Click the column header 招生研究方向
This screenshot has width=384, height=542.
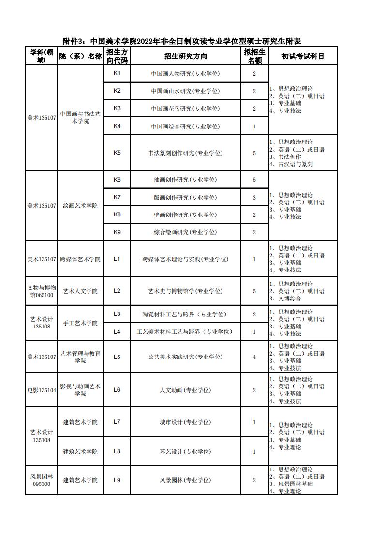(186, 56)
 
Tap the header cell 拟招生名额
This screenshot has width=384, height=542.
(254, 56)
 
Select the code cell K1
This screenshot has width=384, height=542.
(117, 73)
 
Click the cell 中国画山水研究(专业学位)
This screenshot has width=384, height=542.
(185, 91)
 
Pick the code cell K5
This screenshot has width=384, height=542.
(117, 153)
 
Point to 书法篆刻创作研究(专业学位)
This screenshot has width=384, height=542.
(185, 153)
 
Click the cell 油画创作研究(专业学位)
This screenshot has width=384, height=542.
(185, 180)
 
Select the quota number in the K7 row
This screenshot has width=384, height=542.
(254, 198)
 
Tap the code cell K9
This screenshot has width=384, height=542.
(117, 232)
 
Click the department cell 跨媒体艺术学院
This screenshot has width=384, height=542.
(80, 259)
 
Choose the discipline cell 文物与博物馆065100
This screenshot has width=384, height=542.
(42, 291)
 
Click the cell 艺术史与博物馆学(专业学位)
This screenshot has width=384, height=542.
(185, 291)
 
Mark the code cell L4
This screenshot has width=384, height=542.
(117, 332)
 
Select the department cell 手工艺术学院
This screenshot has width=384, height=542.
(80, 323)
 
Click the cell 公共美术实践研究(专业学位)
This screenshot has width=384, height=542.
(185, 357)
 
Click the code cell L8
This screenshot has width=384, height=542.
(117, 451)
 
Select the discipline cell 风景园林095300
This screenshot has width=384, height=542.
(42, 480)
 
